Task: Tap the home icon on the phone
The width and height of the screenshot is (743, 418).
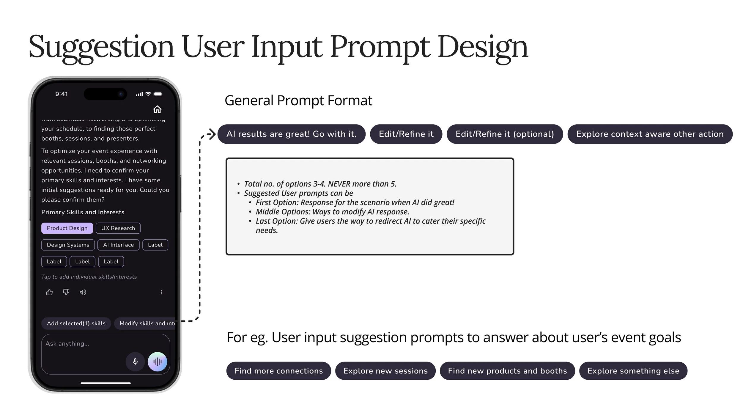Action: click(157, 109)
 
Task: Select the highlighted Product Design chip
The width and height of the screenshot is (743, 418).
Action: click(67, 228)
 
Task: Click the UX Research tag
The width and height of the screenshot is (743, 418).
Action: click(118, 228)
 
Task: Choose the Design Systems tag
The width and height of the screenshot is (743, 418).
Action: click(68, 245)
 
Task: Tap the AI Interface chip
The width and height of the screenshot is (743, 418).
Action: click(118, 245)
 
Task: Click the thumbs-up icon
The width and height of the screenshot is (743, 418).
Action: click(49, 292)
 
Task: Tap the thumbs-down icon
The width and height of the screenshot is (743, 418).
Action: click(66, 292)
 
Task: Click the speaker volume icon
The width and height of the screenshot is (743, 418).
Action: click(83, 292)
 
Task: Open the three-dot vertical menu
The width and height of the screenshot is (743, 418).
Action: click(161, 292)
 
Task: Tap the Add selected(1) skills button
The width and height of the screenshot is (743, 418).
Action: click(76, 323)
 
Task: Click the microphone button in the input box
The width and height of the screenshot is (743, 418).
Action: click(135, 362)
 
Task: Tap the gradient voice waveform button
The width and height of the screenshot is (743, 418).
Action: click(157, 362)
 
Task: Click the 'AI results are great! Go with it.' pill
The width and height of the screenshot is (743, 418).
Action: click(291, 134)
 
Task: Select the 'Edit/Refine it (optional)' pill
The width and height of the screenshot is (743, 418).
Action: click(505, 134)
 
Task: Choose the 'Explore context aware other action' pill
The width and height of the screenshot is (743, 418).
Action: click(650, 134)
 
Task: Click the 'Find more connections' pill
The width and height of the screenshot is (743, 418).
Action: click(278, 371)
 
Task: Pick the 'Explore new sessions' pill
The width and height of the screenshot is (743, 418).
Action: click(385, 371)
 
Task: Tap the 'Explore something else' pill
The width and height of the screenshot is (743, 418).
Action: click(633, 371)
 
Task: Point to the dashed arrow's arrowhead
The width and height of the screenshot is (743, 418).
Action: click(212, 134)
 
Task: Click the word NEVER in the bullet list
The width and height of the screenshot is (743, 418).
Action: click(339, 184)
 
